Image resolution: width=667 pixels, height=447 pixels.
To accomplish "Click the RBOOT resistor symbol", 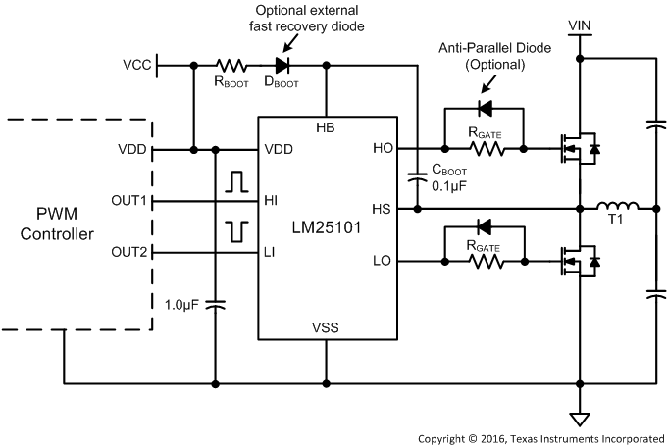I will pyautogui.click(x=231, y=66).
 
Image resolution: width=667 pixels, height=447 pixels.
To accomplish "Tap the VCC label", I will pyautogui.click(x=137, y=66).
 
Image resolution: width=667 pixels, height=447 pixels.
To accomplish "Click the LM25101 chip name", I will pyautogui.click(x=326, y=226).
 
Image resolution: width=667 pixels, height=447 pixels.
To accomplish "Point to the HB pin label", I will pyautogui.click(x=326, y=129).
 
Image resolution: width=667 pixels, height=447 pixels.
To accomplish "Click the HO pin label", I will pyautogui.click(x=384, y=149).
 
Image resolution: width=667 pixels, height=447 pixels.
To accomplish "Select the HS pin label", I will pyautogui.click(x=384, y=208).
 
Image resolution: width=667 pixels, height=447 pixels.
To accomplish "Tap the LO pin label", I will pyautogui.click(x=384, y=263).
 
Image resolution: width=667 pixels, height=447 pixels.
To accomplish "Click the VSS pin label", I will pyautogui.click(x=326, y=326).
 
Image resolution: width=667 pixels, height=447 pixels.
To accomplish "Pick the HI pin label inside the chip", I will pyautogui.click(x=271, y=200).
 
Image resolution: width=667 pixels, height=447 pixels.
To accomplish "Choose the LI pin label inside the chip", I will pyautogui.click(x=270, y=253).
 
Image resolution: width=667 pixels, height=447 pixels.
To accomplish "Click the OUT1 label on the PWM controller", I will pyautogui.click(x=129, y=200).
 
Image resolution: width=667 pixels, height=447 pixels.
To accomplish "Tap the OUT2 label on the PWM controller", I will pyautogui.click(x=129, y=253).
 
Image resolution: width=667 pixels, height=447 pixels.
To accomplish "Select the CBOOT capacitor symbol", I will pyautogui.click(x=419, y=177).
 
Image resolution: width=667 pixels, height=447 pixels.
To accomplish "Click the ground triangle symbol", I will pyautogui.click(x=581, y=419).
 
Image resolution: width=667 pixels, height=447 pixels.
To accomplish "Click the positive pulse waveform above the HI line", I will pyautogui.click(x=235, y=181).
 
